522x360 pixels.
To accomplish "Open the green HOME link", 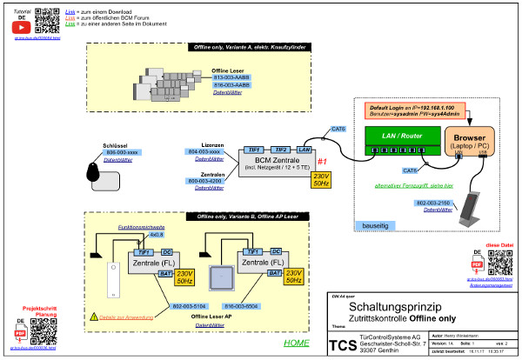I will (x=296, y=343).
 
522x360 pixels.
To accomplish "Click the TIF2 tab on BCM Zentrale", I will (x=279, y=150).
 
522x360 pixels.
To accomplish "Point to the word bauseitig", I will (x=374, y=224).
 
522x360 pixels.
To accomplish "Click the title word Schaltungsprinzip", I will (x=391, y=306).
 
